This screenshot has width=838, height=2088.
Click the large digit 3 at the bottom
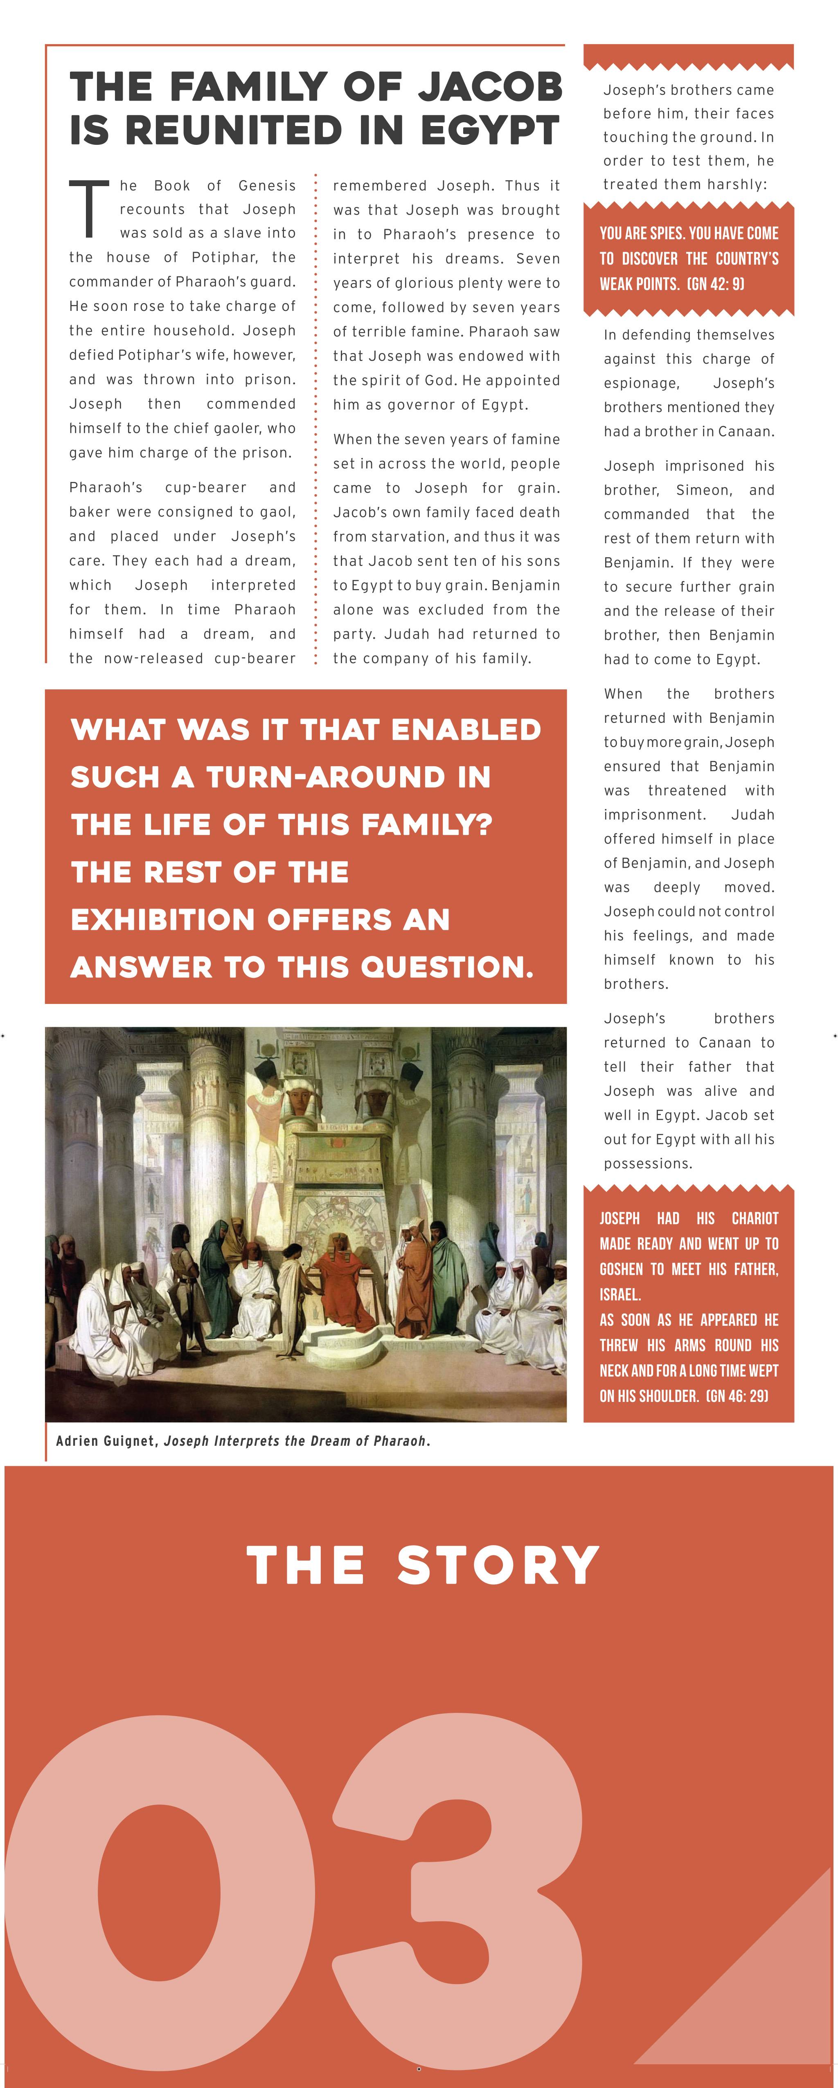(x=458, y=1897)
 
